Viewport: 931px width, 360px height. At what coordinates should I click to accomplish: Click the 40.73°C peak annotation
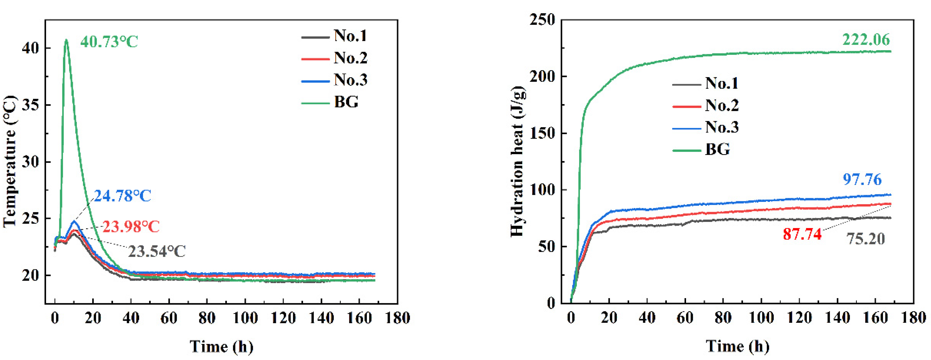(109, 42)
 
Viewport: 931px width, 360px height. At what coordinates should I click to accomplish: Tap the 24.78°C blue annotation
(122, 196)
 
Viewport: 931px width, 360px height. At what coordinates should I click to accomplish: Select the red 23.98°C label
(131, 227)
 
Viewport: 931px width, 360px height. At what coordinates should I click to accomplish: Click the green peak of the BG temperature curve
(66, 40)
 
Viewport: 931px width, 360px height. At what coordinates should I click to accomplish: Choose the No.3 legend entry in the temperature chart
(334, 80)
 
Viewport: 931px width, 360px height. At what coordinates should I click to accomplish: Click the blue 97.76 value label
(862, 180)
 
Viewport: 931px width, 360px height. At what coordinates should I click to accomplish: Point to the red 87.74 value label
(802, 235)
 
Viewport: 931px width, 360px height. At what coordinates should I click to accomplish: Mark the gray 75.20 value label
(866, 239)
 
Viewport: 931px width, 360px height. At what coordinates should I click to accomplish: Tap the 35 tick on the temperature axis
(31, 105)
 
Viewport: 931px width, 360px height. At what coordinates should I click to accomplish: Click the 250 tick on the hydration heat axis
(542, 20)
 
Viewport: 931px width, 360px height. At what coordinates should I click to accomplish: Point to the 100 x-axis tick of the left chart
(245, 318)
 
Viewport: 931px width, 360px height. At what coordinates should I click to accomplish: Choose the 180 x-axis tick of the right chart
(913, 318)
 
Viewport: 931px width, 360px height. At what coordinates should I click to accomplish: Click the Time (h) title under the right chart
(737, 347)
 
